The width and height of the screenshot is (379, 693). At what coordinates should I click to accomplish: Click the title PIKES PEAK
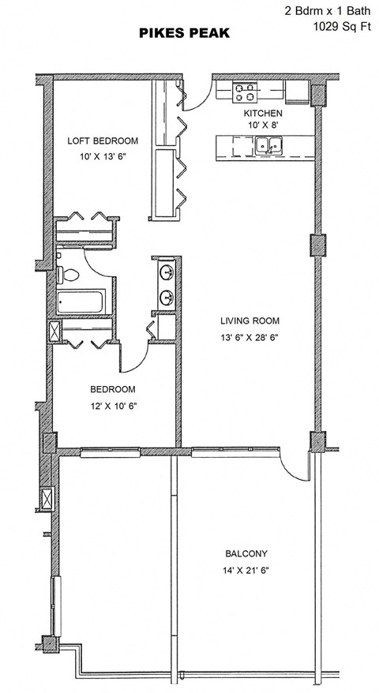(183, 34)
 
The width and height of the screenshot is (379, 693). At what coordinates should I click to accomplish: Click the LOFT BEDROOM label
(103, 140)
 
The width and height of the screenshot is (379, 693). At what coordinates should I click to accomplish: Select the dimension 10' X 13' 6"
(103, 157)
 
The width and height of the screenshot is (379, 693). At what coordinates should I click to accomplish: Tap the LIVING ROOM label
(250, 320)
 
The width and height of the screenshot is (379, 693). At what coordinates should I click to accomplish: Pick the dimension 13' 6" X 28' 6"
(250, 337)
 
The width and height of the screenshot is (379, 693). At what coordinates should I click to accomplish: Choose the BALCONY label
(246, 553)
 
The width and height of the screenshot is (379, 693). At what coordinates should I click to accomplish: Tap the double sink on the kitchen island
(268, 145)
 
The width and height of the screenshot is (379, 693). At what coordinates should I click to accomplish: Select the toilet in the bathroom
(67, 275)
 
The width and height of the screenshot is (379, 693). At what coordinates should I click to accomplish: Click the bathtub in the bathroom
(81, 302)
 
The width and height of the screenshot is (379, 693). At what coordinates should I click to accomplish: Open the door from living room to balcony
(296, 464)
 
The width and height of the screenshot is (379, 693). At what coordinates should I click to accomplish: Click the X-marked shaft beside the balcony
(47, 500)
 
